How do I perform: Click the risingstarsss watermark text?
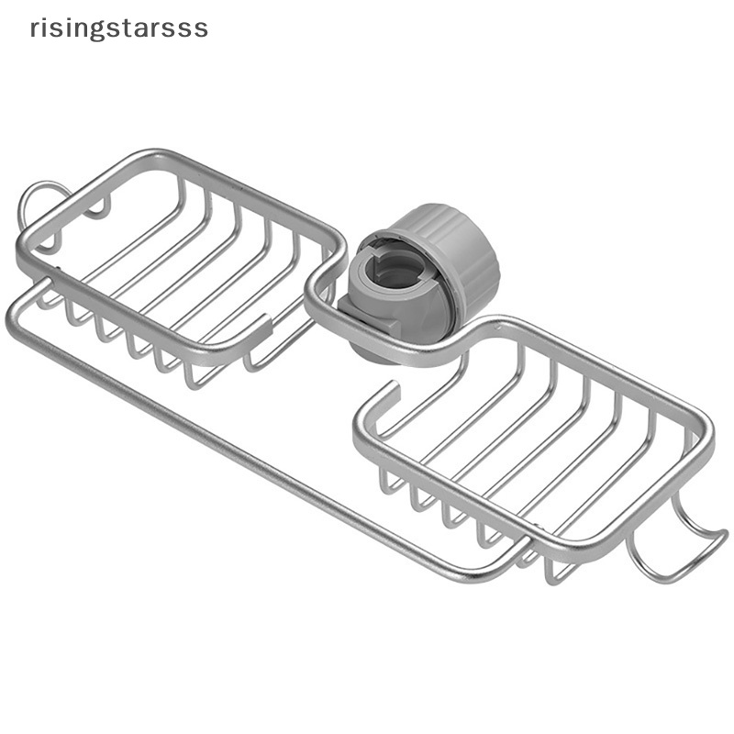point(119,29)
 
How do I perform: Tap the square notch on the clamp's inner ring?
point(384,256)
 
